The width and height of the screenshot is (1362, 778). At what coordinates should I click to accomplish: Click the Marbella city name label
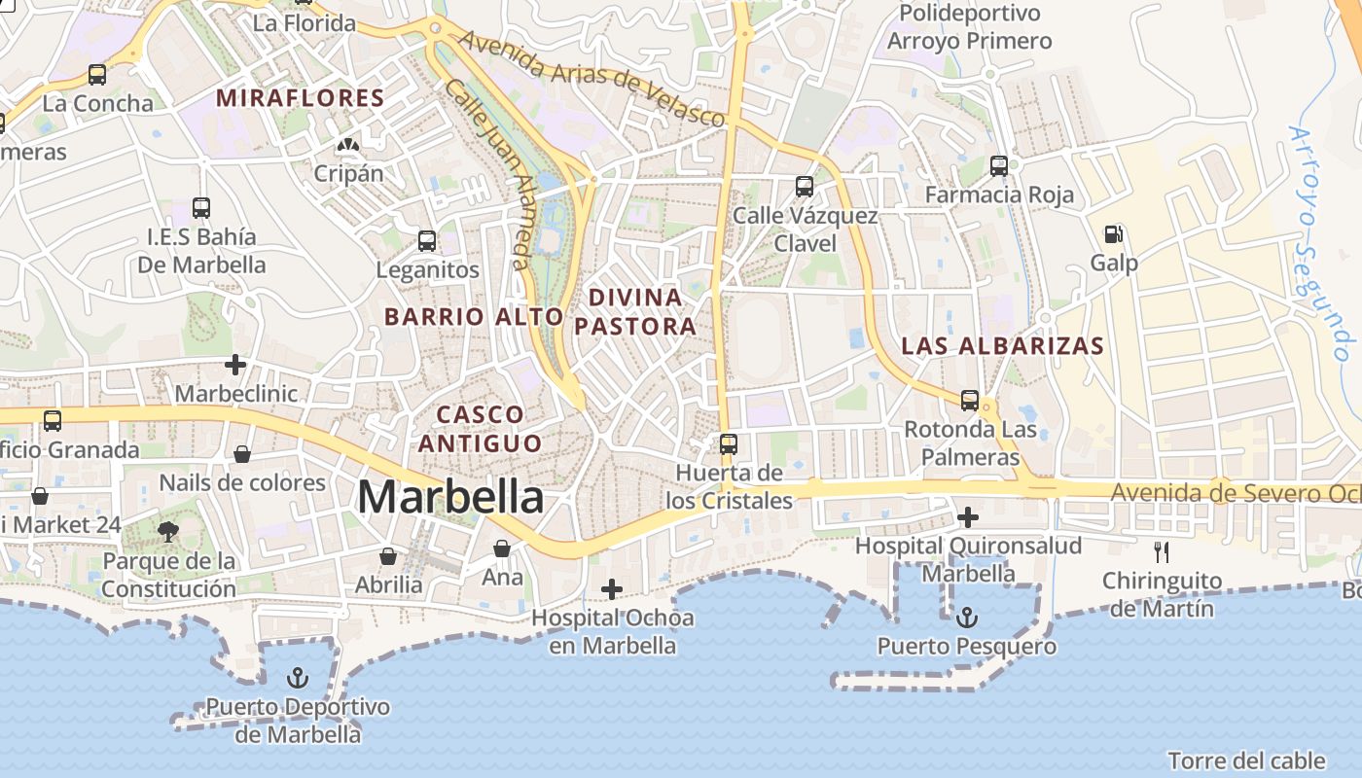450,497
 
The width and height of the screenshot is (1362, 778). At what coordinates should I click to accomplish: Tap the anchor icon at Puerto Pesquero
966,618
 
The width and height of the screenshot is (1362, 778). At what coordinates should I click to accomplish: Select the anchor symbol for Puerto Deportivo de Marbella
299,678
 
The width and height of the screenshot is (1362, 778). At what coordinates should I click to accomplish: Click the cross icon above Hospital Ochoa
612,588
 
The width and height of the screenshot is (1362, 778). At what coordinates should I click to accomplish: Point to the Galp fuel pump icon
1114,233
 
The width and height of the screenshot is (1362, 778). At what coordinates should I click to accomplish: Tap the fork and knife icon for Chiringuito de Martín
1161,552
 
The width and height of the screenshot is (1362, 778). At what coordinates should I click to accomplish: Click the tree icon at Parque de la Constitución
168,531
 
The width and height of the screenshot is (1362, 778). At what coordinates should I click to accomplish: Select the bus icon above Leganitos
427,241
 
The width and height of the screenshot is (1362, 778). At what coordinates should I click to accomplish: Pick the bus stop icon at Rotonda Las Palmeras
970,400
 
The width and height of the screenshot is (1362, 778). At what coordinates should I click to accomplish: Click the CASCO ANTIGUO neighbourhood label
481,429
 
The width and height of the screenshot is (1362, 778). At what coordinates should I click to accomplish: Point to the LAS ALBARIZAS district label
1002,346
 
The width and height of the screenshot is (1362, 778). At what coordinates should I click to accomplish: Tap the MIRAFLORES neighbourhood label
301,98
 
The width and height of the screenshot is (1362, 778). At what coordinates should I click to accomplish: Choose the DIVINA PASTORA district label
635,311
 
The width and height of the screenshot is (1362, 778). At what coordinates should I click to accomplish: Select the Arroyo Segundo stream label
1319,243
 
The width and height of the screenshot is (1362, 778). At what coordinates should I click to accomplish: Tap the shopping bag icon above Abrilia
388,556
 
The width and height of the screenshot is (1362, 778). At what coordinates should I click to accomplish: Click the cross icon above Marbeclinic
234,365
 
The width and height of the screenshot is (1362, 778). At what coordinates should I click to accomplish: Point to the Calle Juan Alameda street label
487,175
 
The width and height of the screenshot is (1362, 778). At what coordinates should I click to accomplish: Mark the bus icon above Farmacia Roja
999,165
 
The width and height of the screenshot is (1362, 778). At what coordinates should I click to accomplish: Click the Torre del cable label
1246,760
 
